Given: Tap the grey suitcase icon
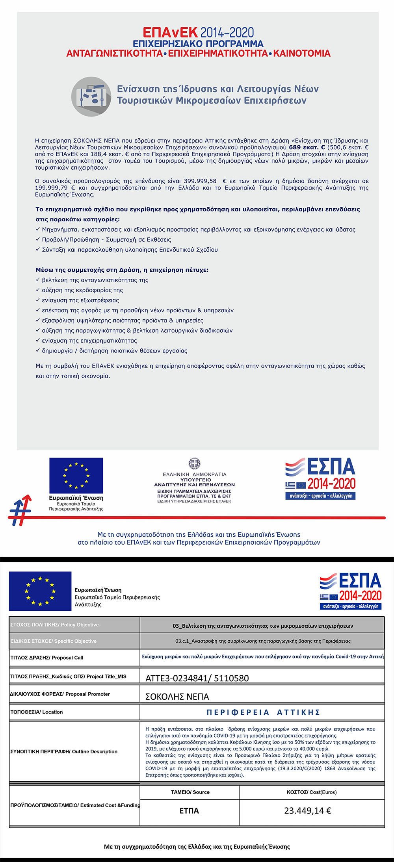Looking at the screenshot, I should pos(91,96).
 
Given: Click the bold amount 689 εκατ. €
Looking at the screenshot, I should pos(307,147).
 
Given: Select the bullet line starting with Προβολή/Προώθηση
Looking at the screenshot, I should pos(106,239).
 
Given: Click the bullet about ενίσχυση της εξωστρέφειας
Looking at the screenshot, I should pos(80,300).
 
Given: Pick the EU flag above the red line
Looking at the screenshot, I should pos(76,475).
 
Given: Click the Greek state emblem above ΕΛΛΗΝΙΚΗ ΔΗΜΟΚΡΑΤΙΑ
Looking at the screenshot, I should pos(194,463).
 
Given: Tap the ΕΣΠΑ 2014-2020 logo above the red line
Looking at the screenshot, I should pos(320,478).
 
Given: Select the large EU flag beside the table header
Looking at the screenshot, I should pos(40,591).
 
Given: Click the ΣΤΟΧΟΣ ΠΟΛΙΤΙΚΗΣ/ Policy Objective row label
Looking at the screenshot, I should pos(55,625).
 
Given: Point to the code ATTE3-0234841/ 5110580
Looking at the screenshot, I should pos(197,678).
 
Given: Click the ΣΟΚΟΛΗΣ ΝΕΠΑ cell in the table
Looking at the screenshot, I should pos(177,697).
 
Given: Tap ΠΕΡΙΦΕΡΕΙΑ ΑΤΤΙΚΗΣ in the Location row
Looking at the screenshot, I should pos(263,712).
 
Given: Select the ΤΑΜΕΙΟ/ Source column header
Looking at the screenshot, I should pos(190,792).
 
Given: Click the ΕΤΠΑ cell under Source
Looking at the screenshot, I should pos(189,811).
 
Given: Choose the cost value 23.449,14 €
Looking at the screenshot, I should pos(307,811).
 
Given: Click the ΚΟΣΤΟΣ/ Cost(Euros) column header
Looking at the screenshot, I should pos(311,792).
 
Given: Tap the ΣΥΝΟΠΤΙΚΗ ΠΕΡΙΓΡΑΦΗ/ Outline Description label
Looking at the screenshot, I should pos(64,751).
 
